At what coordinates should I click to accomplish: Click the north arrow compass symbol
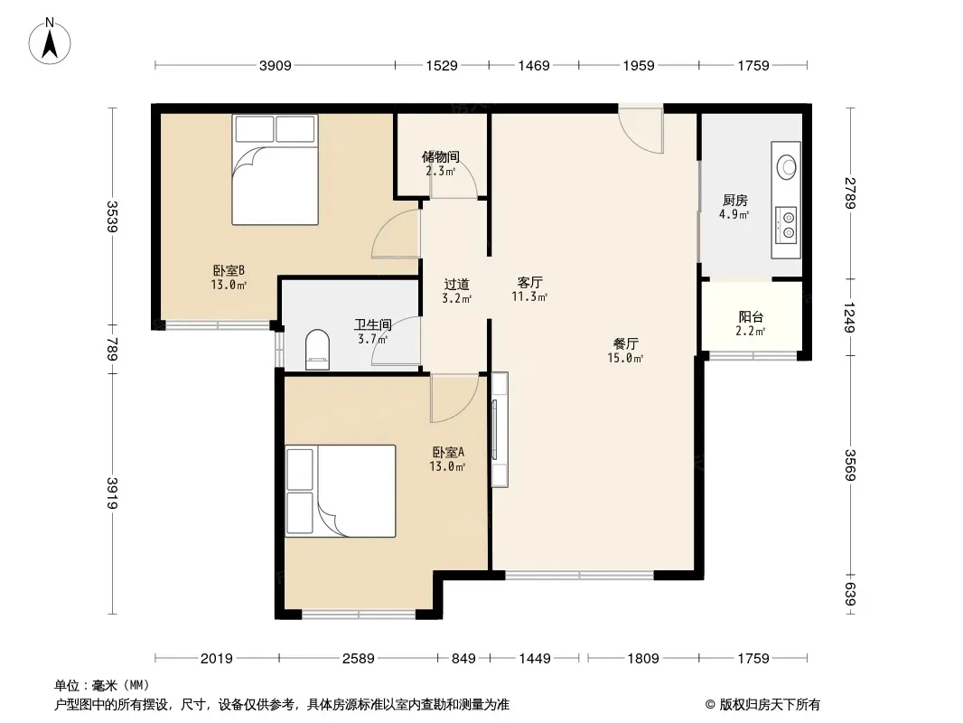pos(50,42)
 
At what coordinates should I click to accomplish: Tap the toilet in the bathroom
pos(317,350)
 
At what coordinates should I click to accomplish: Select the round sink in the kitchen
pos(786,167)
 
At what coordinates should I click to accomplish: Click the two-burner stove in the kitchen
pos(788,224)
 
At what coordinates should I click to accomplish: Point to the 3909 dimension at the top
pos(275,66)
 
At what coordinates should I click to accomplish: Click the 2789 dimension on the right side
pos(850,192)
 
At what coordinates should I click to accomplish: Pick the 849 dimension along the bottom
pos(463,659)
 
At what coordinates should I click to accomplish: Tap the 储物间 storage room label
pos(440,156)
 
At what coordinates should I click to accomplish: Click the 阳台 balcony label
pos(751,317)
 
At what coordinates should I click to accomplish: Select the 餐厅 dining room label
pos(625,344)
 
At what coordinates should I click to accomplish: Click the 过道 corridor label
pos(456,285)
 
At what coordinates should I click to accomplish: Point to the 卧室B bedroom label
pos(229,270)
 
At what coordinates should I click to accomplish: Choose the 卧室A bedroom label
pos(448,452)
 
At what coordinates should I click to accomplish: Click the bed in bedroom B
pos(275,170)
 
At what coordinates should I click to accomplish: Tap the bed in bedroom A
pos(341,491)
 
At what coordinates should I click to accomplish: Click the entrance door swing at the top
pos(640,129)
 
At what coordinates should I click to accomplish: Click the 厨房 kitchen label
pos(734,201)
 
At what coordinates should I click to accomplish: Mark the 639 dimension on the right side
pos(850,594)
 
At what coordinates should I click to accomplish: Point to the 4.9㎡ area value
pos(734,214)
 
